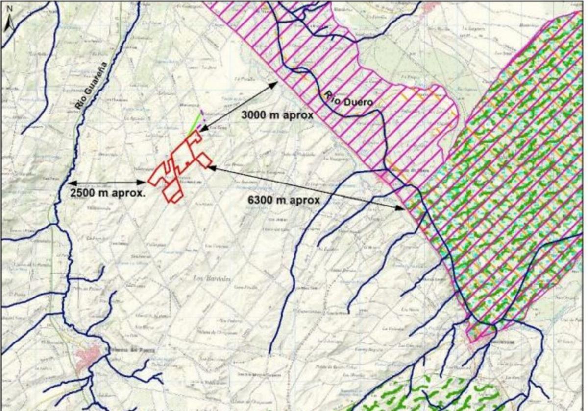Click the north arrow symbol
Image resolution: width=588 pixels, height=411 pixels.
click(x=9, y=24)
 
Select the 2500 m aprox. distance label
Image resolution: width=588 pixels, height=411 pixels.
click(x=108, y=192)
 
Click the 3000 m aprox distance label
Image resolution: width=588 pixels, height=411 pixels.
click(x=277, y=115)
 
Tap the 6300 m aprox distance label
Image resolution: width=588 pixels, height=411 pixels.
click(x=283, y=200)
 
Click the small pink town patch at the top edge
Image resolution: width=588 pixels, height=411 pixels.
click(x=430, y=6)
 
